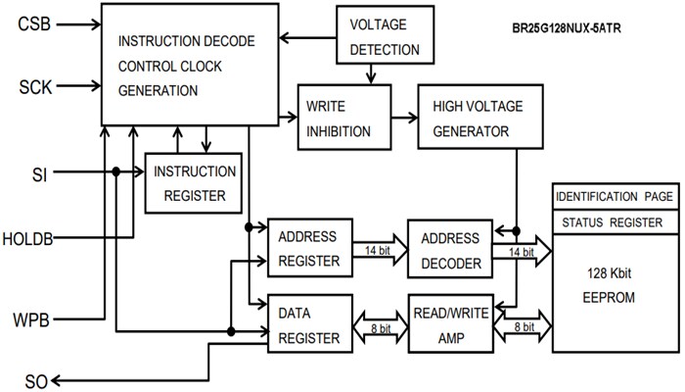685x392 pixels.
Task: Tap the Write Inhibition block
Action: [339, 117]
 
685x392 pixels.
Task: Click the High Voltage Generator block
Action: [472, 117]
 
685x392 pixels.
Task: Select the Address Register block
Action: [308, 249]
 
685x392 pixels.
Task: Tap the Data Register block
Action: [308, 323]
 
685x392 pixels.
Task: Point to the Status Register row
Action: [615, 221]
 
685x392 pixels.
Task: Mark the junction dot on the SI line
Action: [116, 172]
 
